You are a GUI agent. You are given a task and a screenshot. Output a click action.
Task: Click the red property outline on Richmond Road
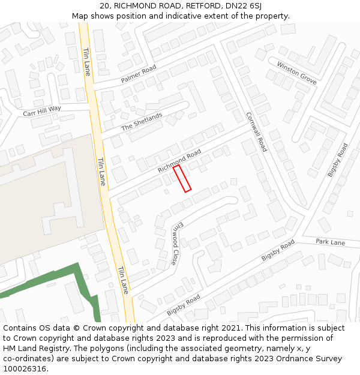(182, 179)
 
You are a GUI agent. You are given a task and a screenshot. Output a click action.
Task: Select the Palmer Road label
(139, 74)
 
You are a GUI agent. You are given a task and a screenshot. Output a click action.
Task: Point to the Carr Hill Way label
(42, 111)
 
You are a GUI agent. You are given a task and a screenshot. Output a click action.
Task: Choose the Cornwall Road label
(256, 131)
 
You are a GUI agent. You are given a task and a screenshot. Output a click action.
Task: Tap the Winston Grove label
(296, 72)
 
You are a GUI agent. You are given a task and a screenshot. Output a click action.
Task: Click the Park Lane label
(331, 242)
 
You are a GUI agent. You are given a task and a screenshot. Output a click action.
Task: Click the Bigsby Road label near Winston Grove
(337, 160)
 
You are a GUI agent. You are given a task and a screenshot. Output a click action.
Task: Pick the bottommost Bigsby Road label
(184, 305)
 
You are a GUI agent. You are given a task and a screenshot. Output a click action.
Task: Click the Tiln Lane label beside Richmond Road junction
(101, 171)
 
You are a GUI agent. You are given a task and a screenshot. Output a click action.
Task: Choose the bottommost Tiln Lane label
(123, 280)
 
